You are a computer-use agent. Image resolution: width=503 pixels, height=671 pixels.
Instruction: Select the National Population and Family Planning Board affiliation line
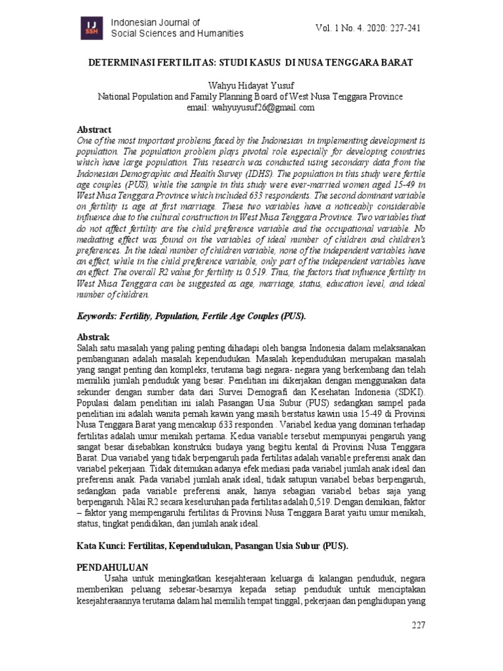pyautogui.click(x=250, y=96)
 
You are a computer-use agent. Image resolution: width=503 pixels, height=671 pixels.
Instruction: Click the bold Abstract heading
pyautogui.click(x=94, y=130)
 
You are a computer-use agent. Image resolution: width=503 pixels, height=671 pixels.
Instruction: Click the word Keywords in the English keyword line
pyautogui.click(x=98, y=315)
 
